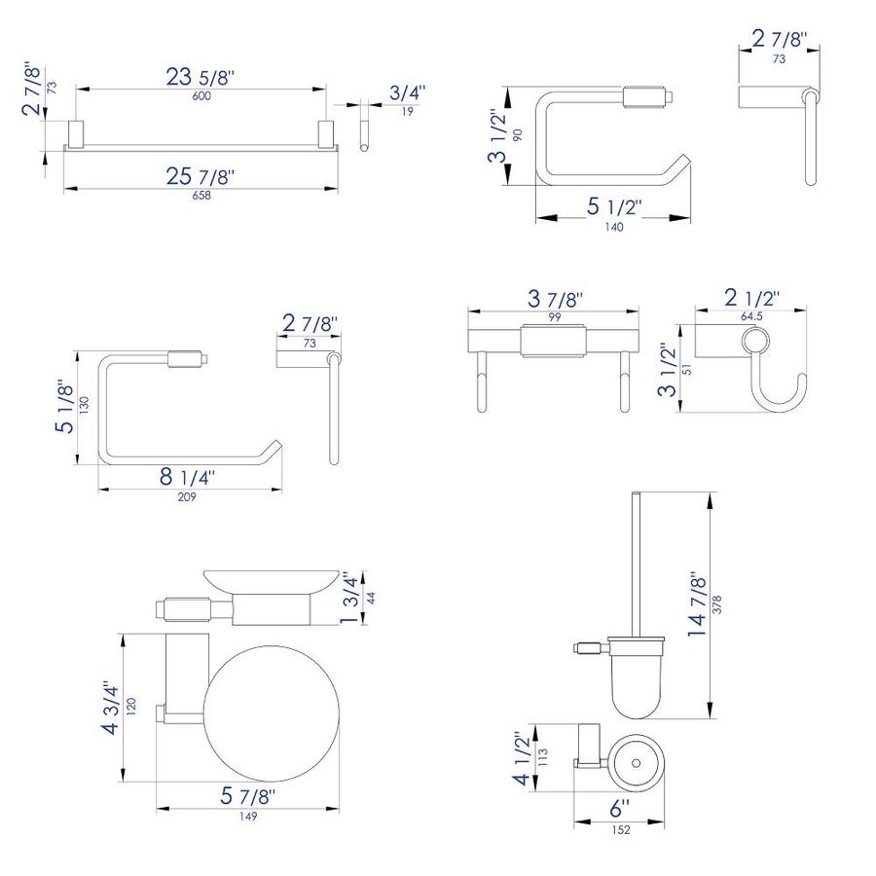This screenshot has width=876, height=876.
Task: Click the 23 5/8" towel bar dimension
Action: [x=200, y=77]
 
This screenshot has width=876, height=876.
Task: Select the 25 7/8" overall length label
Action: [x=200, y=176]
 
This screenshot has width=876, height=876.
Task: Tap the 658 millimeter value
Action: [x=201, y=195]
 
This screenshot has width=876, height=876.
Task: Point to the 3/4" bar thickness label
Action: [x=407, y=92]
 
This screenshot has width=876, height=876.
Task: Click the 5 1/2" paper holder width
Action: [x=613, y=207]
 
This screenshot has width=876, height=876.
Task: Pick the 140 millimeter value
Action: [x=614, y=227]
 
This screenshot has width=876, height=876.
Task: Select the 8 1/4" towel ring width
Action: [x=187, y=477]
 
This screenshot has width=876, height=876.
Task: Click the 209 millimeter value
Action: [x=187, y=496]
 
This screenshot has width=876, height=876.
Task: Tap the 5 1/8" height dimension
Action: [x=65, y=409]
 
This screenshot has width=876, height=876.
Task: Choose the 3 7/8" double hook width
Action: [x=555, y=299]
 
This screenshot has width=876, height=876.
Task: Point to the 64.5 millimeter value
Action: [x=751, y=316]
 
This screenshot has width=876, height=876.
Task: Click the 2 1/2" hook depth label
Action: [x=751, y=299]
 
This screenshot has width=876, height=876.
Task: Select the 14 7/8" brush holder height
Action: [x=697, y=604]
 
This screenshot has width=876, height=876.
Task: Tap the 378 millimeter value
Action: [x=717, y=604]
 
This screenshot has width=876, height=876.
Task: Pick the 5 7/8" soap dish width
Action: [x=247, y=796]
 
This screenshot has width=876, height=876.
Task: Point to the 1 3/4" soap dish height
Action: [x=350, y=598]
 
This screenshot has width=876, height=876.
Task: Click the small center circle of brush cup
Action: [x=636, y=763]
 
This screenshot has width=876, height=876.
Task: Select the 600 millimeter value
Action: [x=201, y=95]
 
